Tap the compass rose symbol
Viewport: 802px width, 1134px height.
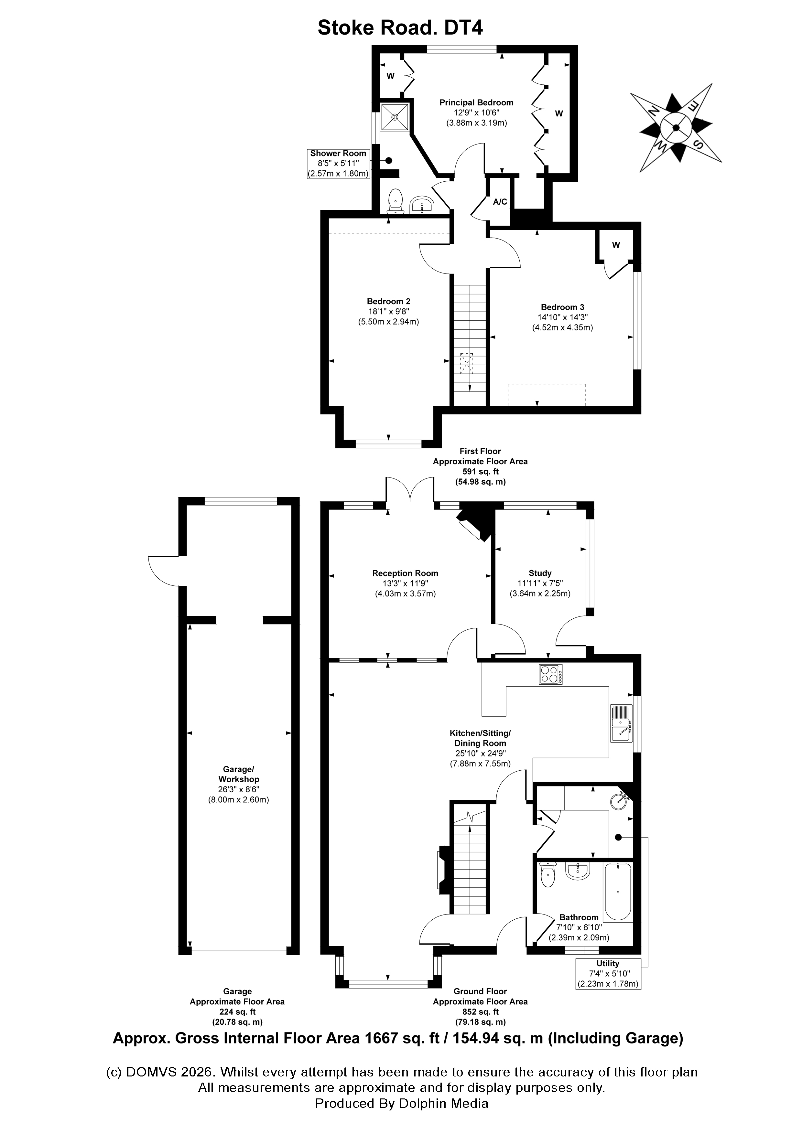[x=676, y=128]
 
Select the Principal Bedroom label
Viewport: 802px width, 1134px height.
[x=476, y=103]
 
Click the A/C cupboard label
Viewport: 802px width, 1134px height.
[x=500, y=201]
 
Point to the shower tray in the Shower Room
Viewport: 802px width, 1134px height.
[x=395, y=118]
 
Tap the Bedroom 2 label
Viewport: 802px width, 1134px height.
[x=388, y=301]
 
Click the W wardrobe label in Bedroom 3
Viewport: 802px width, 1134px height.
[x=616, y=245]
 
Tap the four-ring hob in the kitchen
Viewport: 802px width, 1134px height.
[x=550, y=674]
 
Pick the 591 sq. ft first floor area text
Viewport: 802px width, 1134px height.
[x=480, y=472]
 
